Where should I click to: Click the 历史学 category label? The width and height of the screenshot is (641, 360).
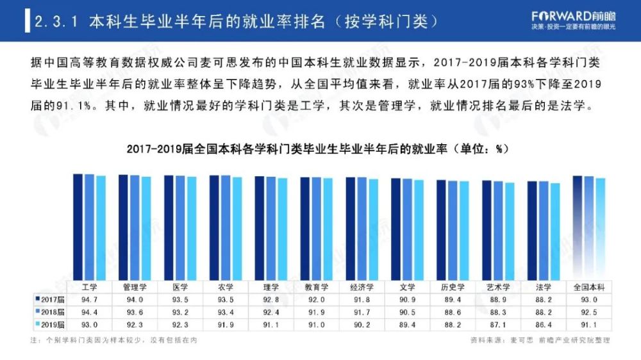[x=453, y=287]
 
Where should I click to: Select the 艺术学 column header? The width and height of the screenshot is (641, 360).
[x=499, y=287]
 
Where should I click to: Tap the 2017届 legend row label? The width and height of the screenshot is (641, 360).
[x=50, y=299]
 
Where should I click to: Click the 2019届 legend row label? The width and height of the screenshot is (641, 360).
[x=50, y=324]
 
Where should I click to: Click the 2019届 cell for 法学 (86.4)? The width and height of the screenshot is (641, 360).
[x=544, y=324]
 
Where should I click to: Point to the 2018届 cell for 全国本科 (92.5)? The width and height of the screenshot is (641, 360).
[x=589, y=312]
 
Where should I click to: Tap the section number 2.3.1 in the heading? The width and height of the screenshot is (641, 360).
[x=56, y=22]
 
